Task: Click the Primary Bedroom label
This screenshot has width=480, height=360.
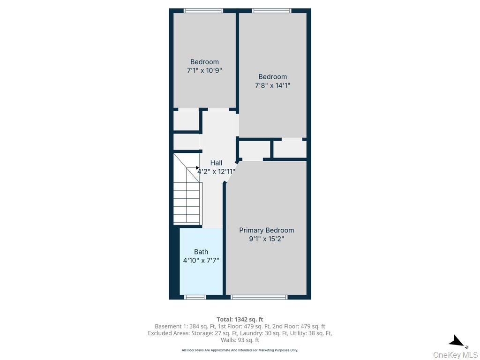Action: coord(266,230)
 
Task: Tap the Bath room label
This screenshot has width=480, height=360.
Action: coord(201,252)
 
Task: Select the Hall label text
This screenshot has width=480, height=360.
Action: coord(216,163)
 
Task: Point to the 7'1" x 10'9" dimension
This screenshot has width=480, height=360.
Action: coord(204,70)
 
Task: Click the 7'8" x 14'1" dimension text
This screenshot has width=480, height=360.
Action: coord(272,85)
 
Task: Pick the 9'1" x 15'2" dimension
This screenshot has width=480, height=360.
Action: coord(266,239)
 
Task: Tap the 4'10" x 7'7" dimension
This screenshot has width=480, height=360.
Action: coord(201,261)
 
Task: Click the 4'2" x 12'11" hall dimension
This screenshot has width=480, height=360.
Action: coord(216,172)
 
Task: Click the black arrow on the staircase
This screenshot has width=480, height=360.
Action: coord(197,168)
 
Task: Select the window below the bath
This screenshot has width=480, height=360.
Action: coord(195,297)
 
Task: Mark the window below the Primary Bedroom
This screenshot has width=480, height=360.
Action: coord(259,297)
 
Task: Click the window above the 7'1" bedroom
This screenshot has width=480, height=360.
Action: coord(203,11)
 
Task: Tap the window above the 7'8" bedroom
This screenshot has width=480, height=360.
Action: coord(272,11)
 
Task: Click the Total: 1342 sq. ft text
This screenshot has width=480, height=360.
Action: coord(240,320)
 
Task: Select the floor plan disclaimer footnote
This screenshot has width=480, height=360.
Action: coord(240,350)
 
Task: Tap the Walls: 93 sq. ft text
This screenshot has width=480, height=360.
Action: coord(240,340)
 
